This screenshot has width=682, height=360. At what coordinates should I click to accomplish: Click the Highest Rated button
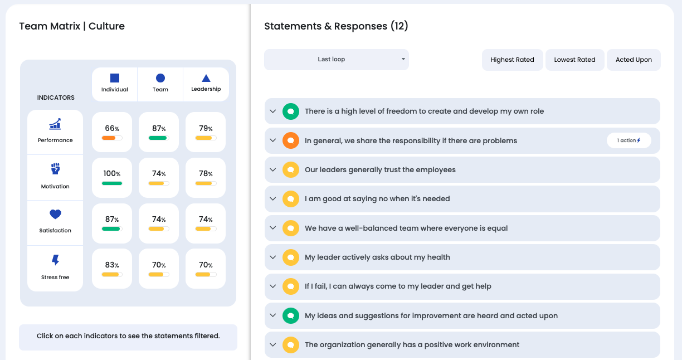click(512, 60)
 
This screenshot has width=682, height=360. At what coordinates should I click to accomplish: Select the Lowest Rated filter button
click(574, 60)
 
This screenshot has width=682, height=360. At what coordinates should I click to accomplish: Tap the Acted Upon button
click(634, 60)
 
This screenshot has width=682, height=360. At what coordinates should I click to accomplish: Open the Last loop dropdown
click(336, 60)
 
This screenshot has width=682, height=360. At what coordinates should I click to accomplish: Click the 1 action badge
click(629, 140)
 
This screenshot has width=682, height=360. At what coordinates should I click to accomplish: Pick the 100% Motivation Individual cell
click(112, 177)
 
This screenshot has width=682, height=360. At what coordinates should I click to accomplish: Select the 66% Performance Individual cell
click(112, 132)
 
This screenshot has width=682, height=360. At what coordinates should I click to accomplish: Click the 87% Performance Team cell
click(159, 132)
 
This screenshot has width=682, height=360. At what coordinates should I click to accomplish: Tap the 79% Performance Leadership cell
click(206, 132)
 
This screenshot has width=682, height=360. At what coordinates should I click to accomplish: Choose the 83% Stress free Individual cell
click(112, 269)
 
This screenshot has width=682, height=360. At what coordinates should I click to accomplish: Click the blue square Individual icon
click(115, 79)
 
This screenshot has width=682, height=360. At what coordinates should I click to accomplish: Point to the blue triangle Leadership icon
click(206, 79)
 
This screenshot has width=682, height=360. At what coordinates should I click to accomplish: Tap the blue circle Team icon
click(160, 79)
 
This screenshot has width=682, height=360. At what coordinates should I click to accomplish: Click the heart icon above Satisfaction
click(55, 215)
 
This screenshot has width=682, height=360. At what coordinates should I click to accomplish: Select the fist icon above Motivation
click(55, 169)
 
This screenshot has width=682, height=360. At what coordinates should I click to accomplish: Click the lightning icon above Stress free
click(55, 260)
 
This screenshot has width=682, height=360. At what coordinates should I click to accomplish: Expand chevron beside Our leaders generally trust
click(273, 169)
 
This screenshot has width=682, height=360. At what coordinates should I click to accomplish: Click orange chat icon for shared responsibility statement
click(290, 140)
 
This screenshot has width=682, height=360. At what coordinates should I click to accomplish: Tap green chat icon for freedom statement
click(290, 111)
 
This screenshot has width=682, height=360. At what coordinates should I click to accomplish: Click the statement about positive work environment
click(412, 345)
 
